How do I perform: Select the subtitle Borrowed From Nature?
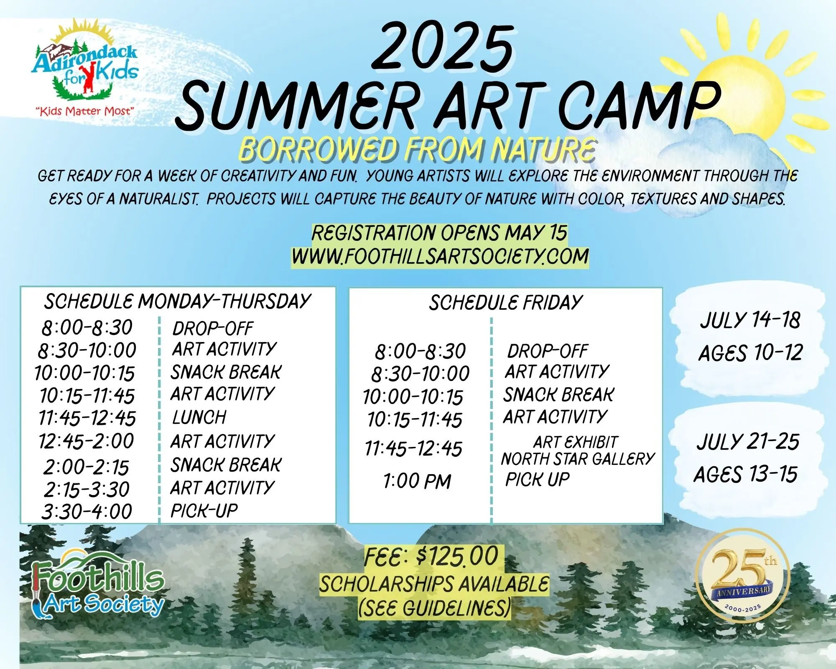(417, 149)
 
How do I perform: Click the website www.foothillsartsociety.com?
(440, 256)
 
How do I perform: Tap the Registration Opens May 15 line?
(439, 233)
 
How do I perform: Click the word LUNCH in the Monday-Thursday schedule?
(199, 417)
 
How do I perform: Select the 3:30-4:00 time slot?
(87, 511)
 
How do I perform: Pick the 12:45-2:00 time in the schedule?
(86, 441)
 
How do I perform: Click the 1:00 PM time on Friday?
(417, 481)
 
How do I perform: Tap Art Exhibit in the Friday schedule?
(575, 442)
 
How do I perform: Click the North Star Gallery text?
(578, 459)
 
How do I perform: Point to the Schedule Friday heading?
(506, 302)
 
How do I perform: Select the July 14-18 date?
(750, 320)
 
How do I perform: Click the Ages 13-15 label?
(746, 474)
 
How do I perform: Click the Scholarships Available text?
(434, 584)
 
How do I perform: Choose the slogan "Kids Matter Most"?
(85, 111)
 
